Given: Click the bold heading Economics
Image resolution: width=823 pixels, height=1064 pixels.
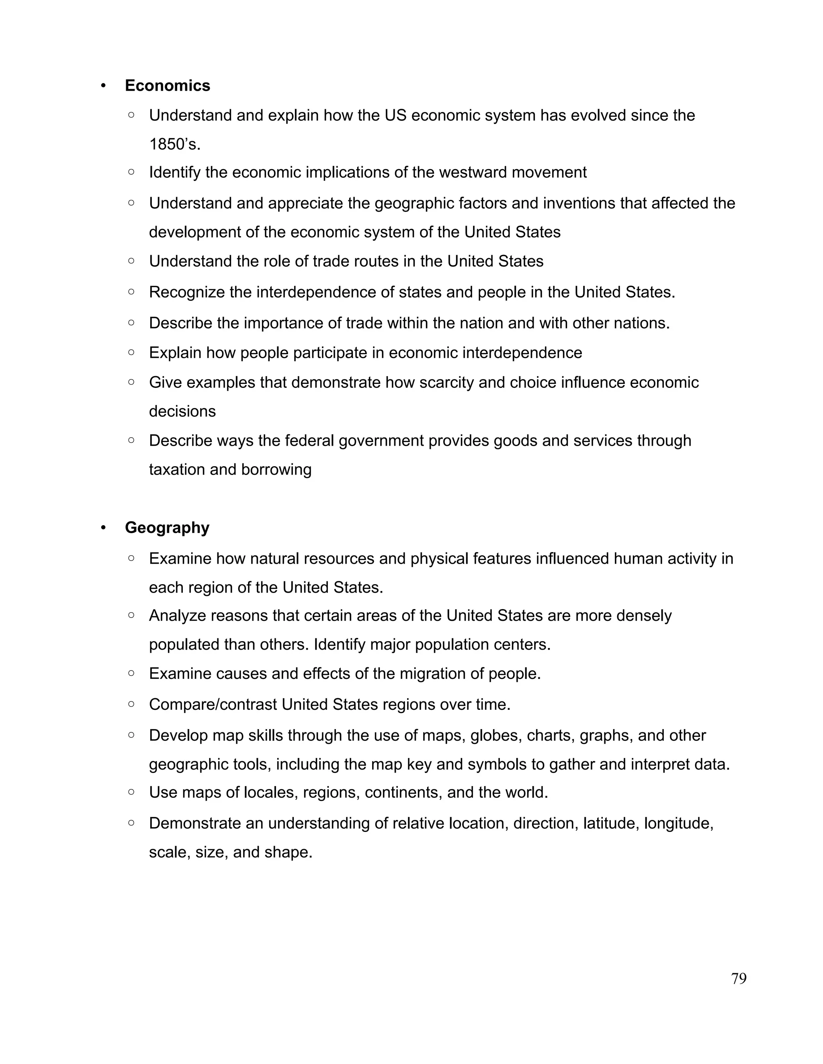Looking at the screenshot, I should pyautogui.click(x=167, y=86).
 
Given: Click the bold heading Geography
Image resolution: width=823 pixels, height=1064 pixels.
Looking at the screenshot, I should pyautogui.click(x=167, y=528).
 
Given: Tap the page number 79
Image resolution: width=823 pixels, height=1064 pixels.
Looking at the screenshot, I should pyautogui.click(x=739, y=979).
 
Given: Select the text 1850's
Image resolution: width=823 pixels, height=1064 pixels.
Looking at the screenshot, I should pyautogui.click(x=174, y=145).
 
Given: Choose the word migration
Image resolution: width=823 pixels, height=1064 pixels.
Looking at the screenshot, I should pyautogui.click(x=433, y=674).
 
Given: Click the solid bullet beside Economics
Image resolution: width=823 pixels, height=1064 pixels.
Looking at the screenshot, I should pyautogui.click(x=103, y=86).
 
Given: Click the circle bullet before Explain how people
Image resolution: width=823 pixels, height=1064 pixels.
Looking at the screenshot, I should pyautogui.click(x=131, y=352).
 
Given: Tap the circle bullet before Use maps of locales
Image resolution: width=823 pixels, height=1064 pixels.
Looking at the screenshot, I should pyautogui.click(x=131, y=792).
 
